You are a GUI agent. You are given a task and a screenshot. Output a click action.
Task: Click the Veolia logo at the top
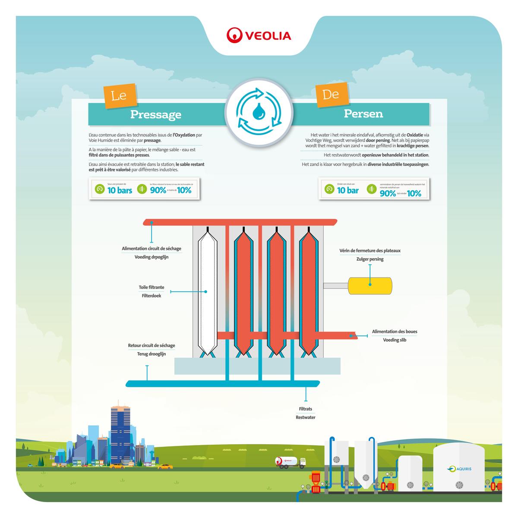(259, 35)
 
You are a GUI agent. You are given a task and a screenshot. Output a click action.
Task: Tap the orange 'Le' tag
(118, 95)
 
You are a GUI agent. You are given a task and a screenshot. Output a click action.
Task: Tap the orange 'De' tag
(331, 94)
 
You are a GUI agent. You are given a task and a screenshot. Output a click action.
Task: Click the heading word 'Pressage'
(156, 114)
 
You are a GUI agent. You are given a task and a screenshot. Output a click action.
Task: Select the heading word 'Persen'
(363, 114)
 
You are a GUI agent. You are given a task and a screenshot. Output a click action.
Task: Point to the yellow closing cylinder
(370, 285)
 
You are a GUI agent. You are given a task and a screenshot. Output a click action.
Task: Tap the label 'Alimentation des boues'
(395, 332)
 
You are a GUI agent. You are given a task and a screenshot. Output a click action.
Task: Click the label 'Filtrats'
(305, 409)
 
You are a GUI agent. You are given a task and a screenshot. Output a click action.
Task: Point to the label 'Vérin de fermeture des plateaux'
(370, 251)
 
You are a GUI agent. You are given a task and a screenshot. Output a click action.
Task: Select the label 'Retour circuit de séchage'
(152, 346)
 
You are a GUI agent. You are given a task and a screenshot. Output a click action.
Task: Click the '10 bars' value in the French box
(120, 190)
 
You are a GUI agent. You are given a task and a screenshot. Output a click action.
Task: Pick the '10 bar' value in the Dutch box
(347, 190)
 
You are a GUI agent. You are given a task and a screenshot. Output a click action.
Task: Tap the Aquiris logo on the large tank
(459, 468)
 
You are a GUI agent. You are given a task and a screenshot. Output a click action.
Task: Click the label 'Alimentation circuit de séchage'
(152, 249)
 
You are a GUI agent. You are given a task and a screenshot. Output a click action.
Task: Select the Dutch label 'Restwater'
(305, 417)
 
